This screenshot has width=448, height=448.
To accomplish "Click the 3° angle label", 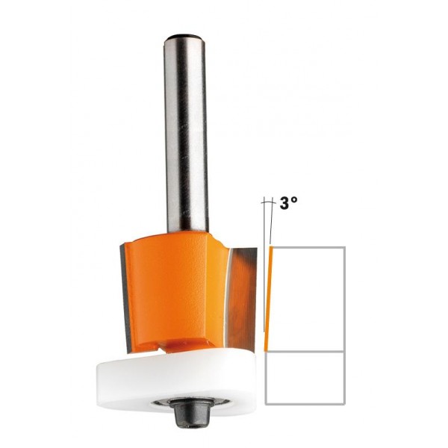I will pyautogui.click(x=287, y=202).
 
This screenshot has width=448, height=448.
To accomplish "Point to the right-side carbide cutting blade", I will pyautogui.click(x=243, y=291).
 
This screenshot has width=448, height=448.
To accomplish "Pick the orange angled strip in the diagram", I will pyautogui.click(x=270, y=299).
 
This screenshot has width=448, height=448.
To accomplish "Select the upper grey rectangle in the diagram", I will pyautogui.click(x=306, y=299).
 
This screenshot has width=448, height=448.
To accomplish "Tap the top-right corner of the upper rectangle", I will pyautogui.click(x=343, y=248).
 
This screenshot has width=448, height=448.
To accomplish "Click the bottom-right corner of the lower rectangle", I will pyautogui.click(x=343, y=404).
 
